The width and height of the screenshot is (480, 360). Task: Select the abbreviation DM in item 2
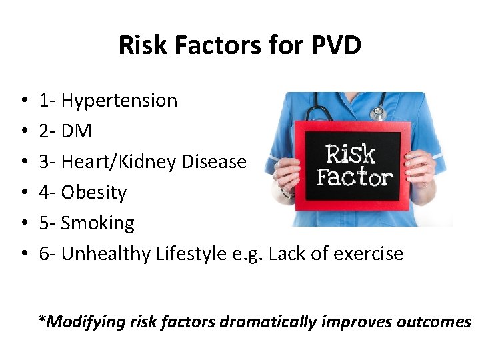pos(76,131)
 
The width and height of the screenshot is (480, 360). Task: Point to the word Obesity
pos(93,193)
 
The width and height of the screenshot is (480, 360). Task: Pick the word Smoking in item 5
pos(97,223)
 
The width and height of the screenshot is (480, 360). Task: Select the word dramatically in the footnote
pos(269,322)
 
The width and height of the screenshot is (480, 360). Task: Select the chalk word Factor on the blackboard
pos(353,177)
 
